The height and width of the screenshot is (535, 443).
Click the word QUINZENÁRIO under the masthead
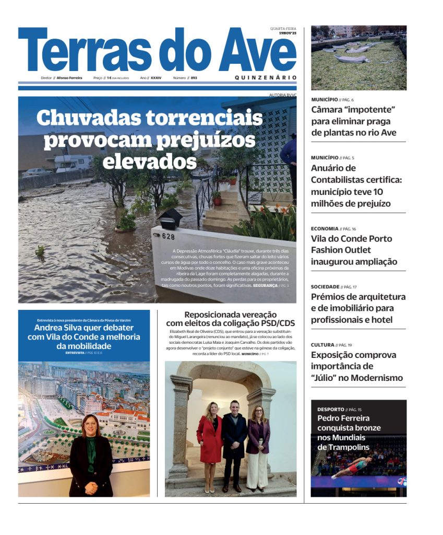click(266, 77)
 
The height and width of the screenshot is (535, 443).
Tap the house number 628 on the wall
click(168, 237)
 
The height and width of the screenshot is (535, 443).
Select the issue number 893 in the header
click(194, 78)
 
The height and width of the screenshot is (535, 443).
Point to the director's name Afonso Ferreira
click(69, 78)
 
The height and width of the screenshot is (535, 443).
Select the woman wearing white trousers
click(258, 444)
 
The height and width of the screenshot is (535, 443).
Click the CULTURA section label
click(322, 345)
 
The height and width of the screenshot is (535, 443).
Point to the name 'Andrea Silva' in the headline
click(57, 328)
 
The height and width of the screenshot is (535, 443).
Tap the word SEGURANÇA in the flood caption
click(266, 286)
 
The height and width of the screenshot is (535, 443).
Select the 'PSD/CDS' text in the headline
click(276, 324)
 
